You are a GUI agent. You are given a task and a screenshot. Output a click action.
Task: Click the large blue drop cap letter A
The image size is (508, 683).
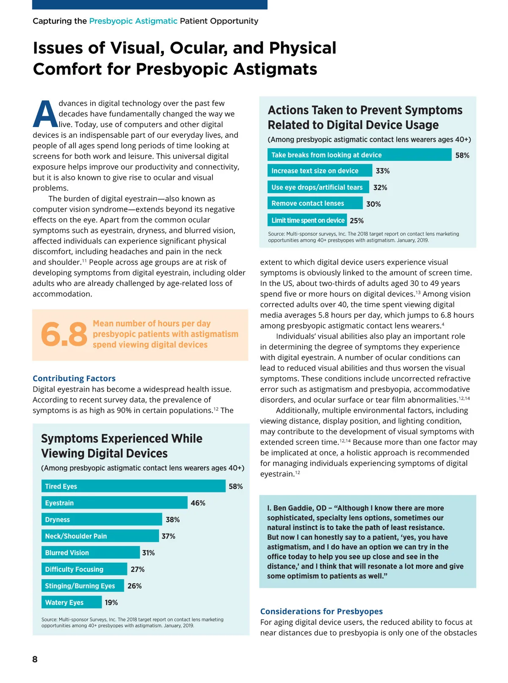45,114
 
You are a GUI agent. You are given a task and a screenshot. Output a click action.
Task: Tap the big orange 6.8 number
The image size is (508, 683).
64,334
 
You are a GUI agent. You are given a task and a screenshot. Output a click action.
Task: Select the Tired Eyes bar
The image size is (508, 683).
133,486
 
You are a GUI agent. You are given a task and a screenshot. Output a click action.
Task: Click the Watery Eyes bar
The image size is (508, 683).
72,602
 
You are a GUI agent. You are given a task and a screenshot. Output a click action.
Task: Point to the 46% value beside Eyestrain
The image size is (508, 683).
198,503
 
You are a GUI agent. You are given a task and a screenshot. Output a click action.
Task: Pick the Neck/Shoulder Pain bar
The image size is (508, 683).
100,536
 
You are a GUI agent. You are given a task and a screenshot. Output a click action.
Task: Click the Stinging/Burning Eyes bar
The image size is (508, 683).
83,586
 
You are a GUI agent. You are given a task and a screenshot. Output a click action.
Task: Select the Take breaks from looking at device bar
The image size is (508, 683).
359,155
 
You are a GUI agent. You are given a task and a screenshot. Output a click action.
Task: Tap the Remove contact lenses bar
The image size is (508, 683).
315,203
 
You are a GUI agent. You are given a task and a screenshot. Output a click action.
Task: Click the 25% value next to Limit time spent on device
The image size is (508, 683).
356,221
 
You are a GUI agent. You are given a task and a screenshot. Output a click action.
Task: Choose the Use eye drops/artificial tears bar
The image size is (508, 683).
318,187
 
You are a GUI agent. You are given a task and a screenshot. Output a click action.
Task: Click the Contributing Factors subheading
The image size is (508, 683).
74,379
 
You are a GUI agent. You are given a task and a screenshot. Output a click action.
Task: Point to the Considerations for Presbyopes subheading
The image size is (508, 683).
321,611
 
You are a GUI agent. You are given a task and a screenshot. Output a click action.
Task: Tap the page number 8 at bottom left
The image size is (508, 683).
35,659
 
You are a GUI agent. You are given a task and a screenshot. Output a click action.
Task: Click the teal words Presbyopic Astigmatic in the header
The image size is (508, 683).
133,21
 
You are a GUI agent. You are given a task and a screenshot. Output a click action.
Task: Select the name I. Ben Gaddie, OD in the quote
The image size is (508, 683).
297,508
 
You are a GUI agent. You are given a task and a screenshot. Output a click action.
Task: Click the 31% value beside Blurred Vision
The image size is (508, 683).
148,553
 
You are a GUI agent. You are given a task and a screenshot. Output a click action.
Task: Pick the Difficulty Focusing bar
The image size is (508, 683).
84,569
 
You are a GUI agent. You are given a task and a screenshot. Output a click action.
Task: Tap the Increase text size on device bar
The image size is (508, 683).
320,171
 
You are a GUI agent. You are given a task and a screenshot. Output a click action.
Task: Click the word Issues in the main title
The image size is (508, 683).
58,48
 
